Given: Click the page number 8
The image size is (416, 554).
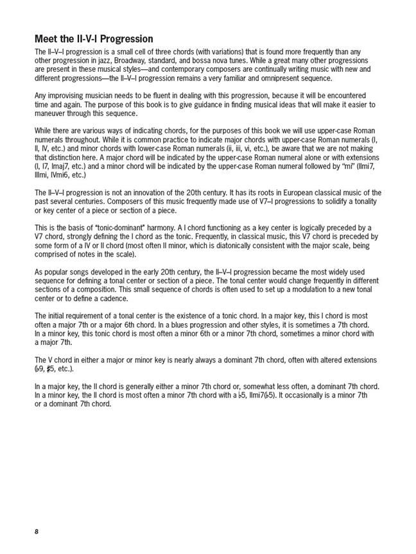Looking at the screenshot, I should coord(37,532).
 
